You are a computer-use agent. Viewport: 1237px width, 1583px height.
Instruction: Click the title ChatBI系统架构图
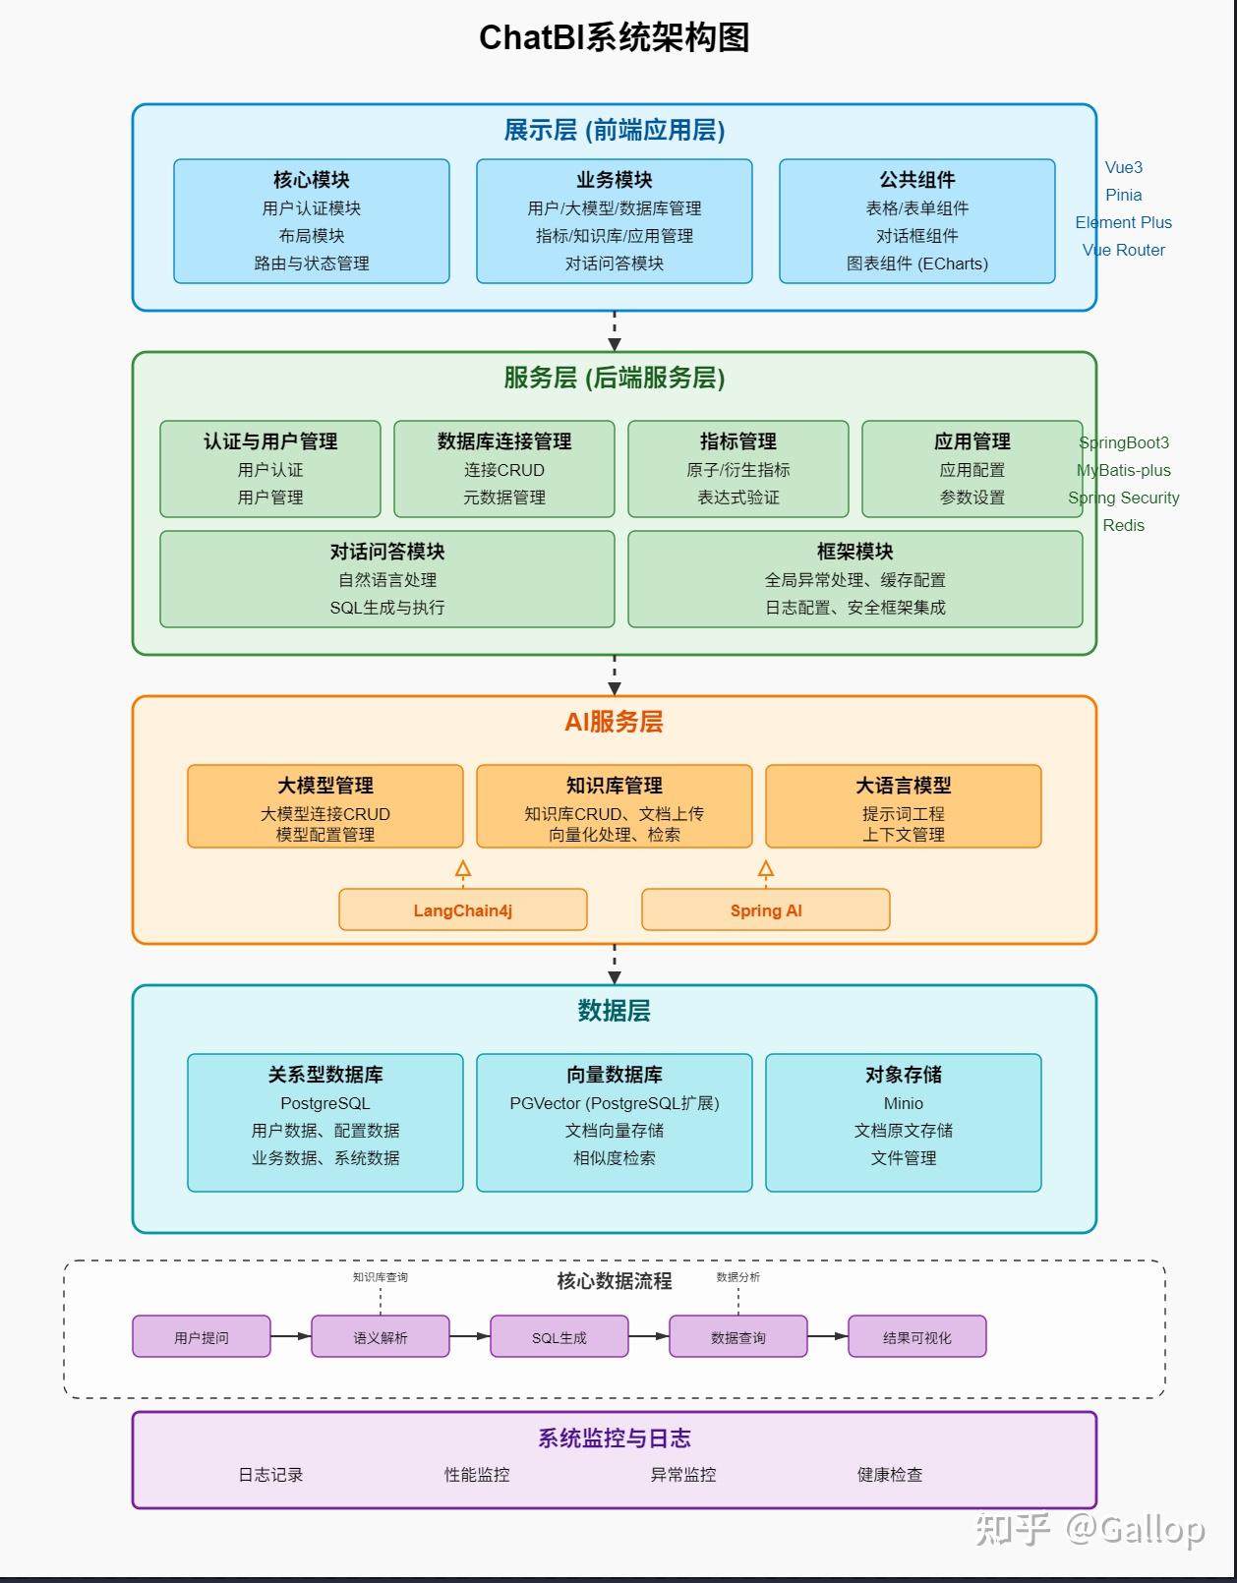614,37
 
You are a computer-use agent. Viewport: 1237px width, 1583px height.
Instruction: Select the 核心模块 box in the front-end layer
311,221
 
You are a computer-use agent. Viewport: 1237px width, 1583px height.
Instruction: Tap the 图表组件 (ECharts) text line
916,264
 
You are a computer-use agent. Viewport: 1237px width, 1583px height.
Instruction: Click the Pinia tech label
1123,195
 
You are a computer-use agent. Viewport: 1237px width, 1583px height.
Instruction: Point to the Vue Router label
1123,250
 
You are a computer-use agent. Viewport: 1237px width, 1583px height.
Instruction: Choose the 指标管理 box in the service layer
737,469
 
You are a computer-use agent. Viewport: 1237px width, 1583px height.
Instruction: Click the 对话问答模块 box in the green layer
386,579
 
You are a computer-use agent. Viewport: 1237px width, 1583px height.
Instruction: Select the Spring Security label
1123,498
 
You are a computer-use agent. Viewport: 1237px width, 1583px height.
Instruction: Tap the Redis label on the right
1123,525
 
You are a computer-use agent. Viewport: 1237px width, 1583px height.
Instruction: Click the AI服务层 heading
614,722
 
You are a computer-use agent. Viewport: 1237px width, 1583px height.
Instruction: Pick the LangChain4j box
462,910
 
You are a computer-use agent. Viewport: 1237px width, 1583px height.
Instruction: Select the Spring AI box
765,910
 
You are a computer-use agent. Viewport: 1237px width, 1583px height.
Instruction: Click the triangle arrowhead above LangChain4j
463,869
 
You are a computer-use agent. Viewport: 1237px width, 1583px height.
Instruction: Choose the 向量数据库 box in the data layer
614,1122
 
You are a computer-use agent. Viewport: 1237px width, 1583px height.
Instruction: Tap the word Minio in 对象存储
903,1103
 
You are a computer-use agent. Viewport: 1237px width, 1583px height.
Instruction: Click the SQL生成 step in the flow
559,1337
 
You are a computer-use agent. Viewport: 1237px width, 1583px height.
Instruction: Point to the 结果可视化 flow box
916,1337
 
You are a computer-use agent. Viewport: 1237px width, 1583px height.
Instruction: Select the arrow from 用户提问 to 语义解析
290,1336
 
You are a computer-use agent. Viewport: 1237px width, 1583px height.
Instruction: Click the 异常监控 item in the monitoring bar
682,1475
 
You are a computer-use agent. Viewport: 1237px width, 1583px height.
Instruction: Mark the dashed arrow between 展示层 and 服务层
615,330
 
